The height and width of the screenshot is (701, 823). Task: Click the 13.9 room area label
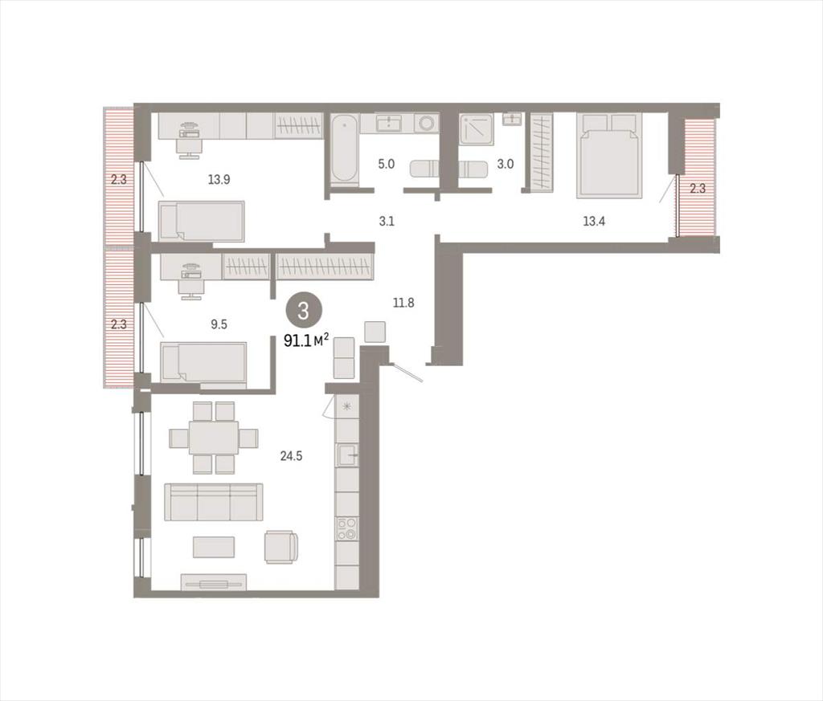click(x=219, y=180)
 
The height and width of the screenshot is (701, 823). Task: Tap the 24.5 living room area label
click(x=291, y=456)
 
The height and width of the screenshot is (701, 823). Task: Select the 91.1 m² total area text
click(x=306, y=340)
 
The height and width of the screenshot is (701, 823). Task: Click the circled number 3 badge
click(x=303, y=312)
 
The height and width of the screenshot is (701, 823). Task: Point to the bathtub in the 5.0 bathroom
click(x=345, y=149)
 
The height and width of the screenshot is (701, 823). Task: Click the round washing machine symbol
click(x=426, y=124)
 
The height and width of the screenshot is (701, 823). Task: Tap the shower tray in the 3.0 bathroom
click(x=477, y=129)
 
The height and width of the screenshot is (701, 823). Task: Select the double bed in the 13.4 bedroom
click(x=609, y=156)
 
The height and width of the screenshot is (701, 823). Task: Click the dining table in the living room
click(x=213, y=438)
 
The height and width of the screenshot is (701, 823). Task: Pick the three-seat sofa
click(x=214, y=502)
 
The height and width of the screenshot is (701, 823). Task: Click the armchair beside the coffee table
click(x=281, y=547)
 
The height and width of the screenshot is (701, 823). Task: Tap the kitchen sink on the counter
click(x=347, y=454)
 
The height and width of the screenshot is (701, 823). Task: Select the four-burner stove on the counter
click(x=347, y=529)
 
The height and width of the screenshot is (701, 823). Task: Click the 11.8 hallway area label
click(x=403, y=303)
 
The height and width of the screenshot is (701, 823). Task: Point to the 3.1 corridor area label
click(x=387, y=222)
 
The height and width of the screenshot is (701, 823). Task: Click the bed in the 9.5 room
click(x=203, y=362)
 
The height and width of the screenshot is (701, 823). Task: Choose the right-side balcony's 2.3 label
click(x=698, y=189)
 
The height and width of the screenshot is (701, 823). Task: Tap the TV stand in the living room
click(x=214, y=582)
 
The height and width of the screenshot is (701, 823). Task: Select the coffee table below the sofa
click(x=214, y=547)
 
